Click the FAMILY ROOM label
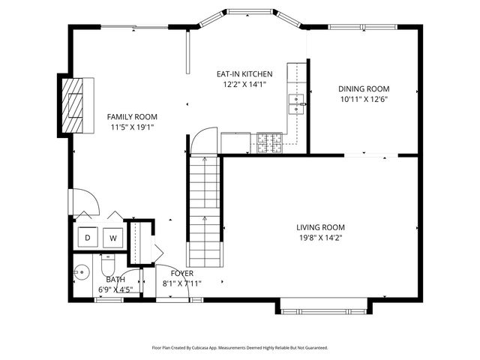(132, 117)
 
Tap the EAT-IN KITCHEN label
(244, 73)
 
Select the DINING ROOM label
(364, 88)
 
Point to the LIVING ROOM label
(320, 227)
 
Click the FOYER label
(181, 273)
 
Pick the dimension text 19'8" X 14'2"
(320, 238)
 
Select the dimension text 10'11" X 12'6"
(364, 99)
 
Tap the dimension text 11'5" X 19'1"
(132, 127)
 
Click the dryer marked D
(88, 237)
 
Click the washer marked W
(113, 238)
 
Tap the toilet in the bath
(107, 265)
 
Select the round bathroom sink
(82, 271)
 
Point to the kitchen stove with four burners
(269, 143)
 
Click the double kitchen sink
(296, 104)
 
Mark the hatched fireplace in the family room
(73, 105)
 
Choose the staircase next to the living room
(205, 211)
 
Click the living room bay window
(323, 312)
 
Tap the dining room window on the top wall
(363, 27)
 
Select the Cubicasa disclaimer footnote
(240, 348)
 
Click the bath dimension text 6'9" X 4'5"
(115, 289)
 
